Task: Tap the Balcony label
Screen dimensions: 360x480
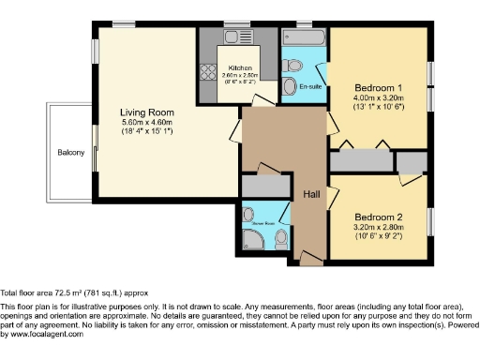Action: [70, 152]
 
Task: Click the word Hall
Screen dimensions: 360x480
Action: [311, 193]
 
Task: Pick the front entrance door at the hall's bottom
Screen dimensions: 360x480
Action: [309, 256]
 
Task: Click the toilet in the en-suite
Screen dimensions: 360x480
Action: [292, 65]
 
